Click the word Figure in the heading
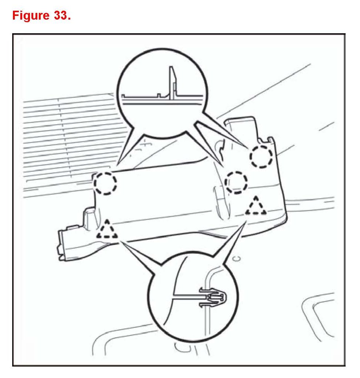point(29,16)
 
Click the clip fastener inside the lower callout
point(212,296)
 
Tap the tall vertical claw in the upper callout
point(172,83)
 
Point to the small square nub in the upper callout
point(159,95)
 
